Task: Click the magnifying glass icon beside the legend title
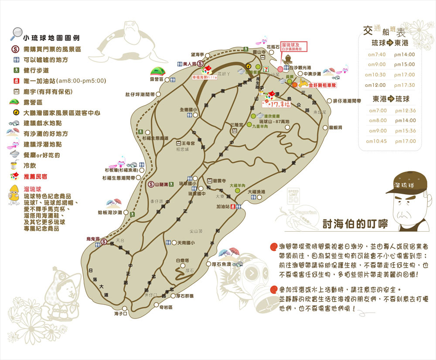click(17, 33)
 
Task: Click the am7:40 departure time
click(374, 55)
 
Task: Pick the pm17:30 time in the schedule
click(405, 85)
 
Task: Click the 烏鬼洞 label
click(93, 239)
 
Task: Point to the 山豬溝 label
click(162, 185)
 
